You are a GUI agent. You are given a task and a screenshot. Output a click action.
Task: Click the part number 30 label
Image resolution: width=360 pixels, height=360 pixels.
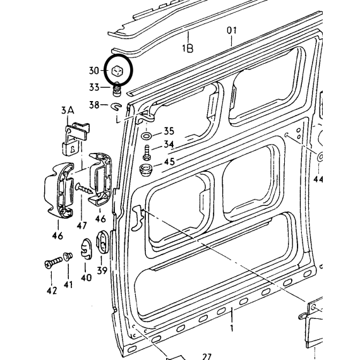(94, 70)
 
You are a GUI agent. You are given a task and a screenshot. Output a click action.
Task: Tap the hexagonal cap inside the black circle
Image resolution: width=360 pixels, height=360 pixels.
(117, 71)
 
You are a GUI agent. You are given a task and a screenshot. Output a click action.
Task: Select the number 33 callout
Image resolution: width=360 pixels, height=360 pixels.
(94, 87)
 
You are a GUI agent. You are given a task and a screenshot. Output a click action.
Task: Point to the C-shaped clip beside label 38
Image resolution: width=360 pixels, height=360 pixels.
(116, 106)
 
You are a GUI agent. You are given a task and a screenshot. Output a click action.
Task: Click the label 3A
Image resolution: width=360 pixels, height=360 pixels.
(68, 111)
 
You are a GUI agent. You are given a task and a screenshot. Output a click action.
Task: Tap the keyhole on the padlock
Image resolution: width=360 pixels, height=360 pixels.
(73, 149)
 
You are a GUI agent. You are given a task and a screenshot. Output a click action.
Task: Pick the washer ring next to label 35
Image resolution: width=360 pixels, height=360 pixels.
(146, 136)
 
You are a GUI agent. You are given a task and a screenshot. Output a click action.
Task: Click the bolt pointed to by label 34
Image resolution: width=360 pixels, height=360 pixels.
(147, 153)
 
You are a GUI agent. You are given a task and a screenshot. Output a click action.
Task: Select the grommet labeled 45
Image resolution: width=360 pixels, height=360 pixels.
(145, 170)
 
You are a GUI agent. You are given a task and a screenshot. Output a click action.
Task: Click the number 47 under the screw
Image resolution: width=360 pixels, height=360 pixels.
(82, 225)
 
